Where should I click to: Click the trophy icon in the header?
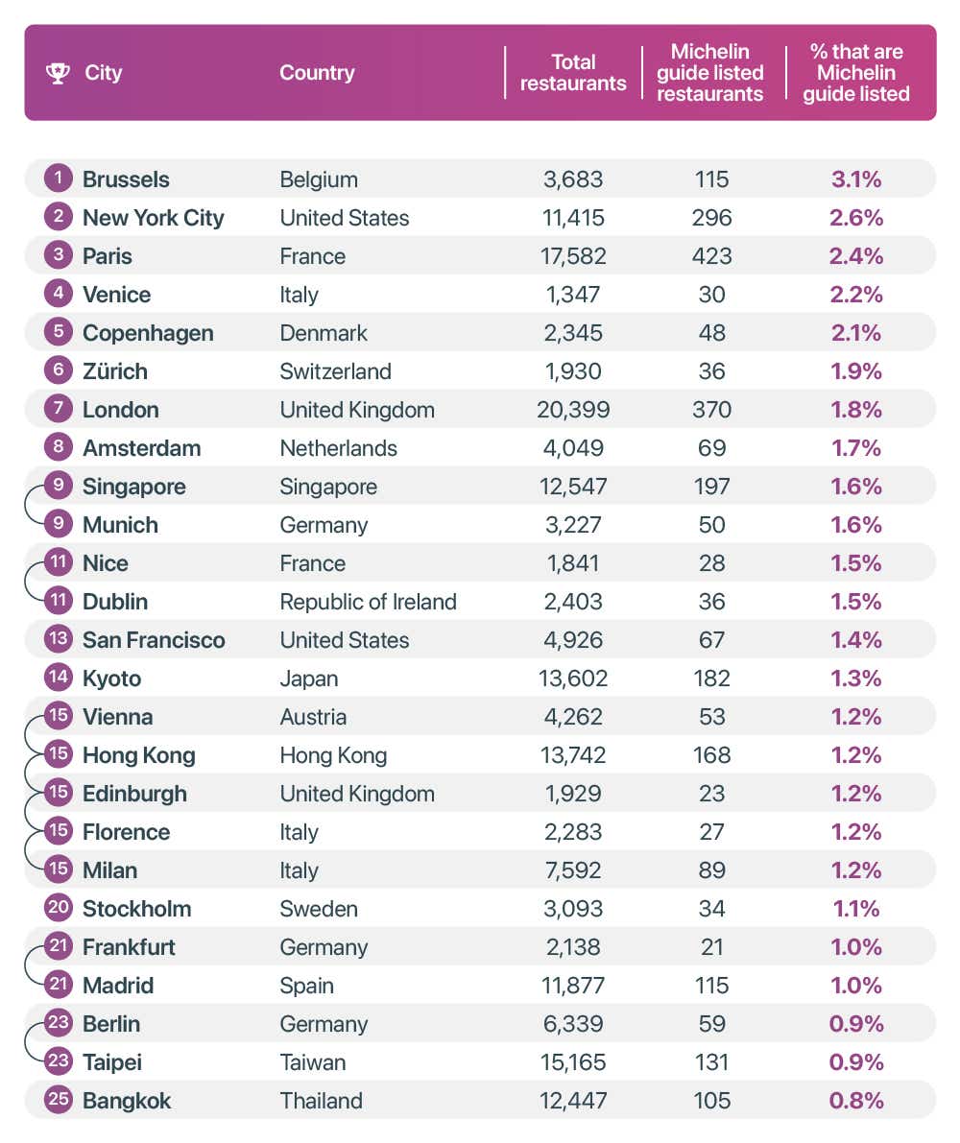click(58, 73)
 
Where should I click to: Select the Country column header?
click(317, 73)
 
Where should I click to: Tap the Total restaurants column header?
click(573, 73)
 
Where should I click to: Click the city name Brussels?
click(126, 179)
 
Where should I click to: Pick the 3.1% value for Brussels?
click(856, 179)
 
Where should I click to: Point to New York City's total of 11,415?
click(573, 218)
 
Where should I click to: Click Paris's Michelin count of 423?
click(711, 256)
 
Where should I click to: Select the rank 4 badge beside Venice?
click(59, 295)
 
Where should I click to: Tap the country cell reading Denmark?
click(324, 333)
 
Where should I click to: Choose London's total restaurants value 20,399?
click(573, 410)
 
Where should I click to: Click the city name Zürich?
click(115, 371)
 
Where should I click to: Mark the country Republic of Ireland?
click(368, 602)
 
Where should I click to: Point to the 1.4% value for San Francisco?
click(856, 640)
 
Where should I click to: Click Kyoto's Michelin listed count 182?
click(711, 679)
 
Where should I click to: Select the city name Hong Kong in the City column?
click(138, 755)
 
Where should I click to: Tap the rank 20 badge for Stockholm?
click(59, 908)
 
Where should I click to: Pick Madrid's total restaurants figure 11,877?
click(573, 986)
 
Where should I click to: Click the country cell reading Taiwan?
click(313, 1062)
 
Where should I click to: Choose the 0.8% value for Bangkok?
click(856, 1101)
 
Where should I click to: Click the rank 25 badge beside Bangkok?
click(59, 1100)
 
